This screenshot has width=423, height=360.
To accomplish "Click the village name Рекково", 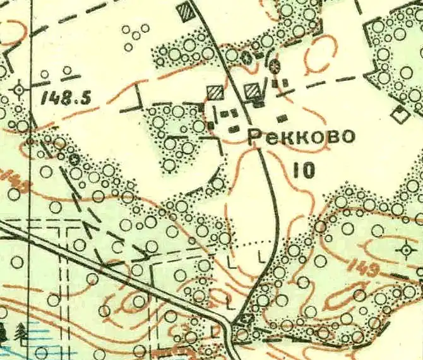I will (x=301, y=136).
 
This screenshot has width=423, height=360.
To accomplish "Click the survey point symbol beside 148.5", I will (x=19, y=90).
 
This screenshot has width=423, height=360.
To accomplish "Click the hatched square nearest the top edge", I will (x=186, y=11).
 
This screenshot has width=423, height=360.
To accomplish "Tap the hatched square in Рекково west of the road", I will (x=215, y=93).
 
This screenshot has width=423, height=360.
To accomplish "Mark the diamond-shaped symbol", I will (x=398, y=116).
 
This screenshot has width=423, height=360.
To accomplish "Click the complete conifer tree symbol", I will (x=21, y=330).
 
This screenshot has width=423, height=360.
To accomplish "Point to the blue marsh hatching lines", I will (x=38, y=344).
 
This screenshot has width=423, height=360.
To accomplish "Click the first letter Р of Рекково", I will (x=254, y=136).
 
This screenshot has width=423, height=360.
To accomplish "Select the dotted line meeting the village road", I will (x=253, y=243).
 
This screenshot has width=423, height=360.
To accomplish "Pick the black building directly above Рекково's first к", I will (x=282, y=117).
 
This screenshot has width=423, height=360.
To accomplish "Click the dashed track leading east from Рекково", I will (x=328, y=80).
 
